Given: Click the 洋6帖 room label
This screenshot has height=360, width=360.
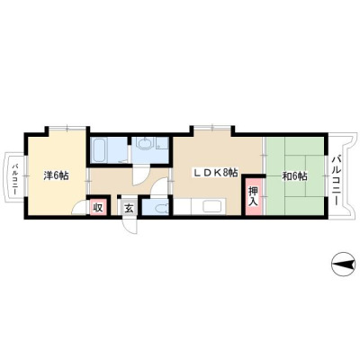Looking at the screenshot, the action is pos(56,175).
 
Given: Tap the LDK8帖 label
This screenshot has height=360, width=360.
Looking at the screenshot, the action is pos(215,173).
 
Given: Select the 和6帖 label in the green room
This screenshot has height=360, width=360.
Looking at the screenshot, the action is pos(294,176).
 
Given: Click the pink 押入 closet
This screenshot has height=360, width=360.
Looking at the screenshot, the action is pos(254,196).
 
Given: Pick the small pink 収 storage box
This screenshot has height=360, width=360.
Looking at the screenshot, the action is pos(98,207).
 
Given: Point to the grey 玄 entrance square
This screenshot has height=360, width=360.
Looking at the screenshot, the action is pos(129,208).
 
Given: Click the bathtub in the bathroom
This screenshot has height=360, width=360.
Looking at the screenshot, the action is pos(101,149).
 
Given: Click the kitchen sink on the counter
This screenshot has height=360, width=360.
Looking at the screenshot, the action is pos(212,206).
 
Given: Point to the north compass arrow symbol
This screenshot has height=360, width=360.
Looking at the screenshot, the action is pos(342,265).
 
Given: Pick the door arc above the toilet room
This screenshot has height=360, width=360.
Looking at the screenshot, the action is pos(160,186).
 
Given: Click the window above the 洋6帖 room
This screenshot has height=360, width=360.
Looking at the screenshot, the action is pos(67,128).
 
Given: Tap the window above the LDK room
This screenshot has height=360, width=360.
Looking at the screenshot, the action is pos(212,128).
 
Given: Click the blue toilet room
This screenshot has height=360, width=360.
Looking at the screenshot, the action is pos(155,206).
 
